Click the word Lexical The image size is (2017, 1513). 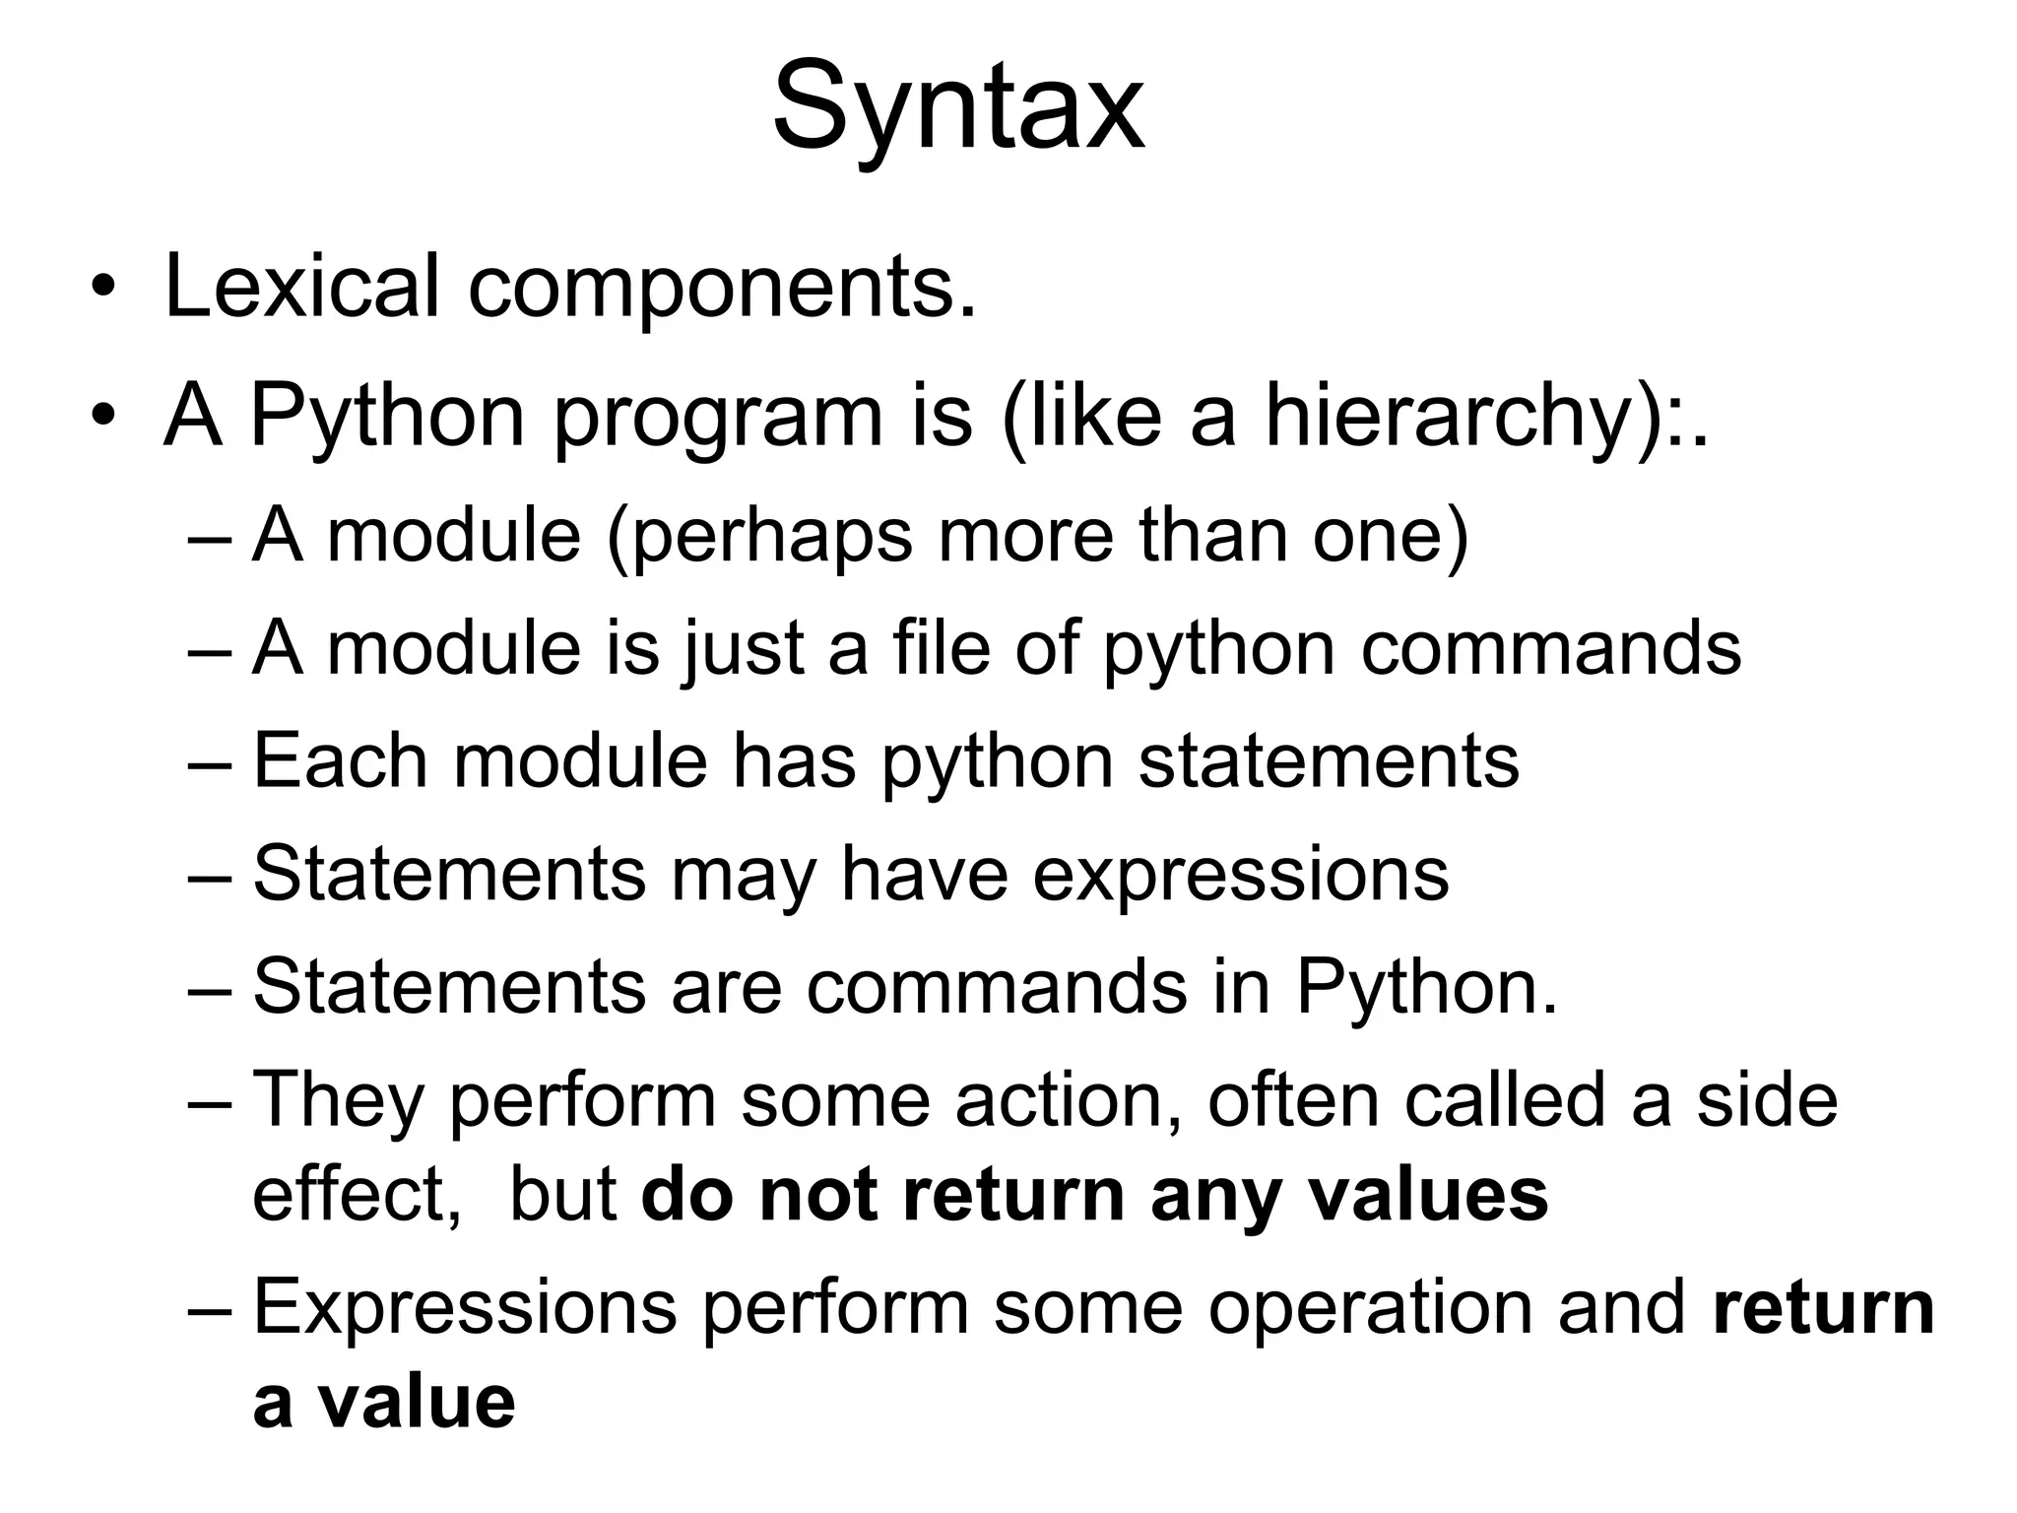coord(301,287)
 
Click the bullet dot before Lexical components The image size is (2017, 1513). coord(102,289)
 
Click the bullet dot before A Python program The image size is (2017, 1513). coord(102,418)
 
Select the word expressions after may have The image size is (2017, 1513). coord(1241,875)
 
